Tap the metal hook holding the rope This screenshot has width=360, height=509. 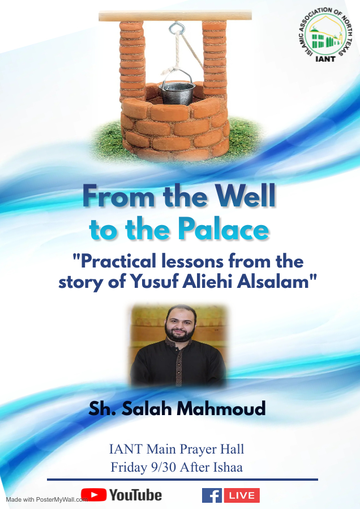tap(177, 28)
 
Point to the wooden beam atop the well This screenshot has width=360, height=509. tap(175, 16)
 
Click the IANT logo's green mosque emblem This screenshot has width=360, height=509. tap(325, 37)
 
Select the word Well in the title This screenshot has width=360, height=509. tap(246, 196)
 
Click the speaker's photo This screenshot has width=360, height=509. tap(178, 346)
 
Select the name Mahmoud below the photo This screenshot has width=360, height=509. tap(221, 408)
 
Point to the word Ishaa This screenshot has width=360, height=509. tap(228, 467)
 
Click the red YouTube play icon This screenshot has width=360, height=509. tap(93, 495)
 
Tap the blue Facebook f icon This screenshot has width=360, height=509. tap(212, 495)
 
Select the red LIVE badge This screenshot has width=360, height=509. tap(242, 495)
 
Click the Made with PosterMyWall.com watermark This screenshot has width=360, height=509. tap(47, 499)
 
